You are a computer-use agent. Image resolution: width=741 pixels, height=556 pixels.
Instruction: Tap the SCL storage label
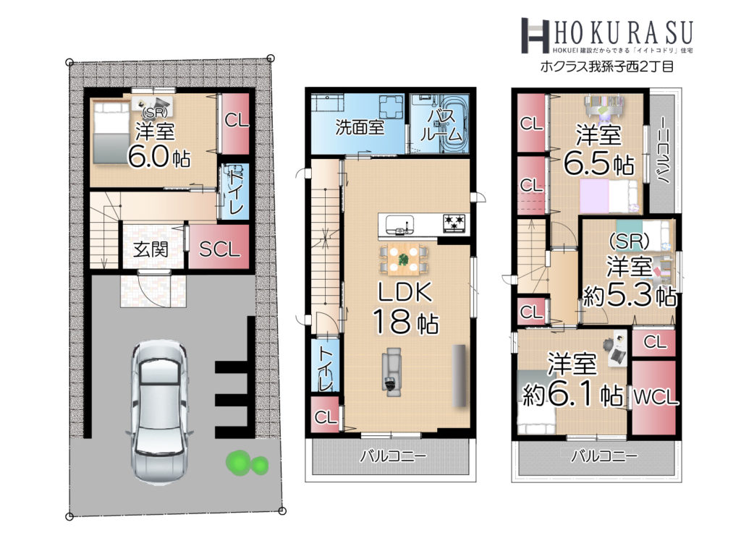[x=219, y=249]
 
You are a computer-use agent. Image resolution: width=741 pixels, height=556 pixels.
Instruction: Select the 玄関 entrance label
[x=151, y=249]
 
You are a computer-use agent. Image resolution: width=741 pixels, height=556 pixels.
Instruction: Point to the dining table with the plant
[x=403, y=259]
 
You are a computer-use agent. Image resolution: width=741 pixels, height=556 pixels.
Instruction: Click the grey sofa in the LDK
[x=391, y=372]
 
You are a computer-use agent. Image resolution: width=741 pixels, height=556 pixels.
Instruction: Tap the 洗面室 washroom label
[x=360, y=127]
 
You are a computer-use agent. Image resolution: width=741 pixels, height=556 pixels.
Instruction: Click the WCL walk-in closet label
[x=655, y=398]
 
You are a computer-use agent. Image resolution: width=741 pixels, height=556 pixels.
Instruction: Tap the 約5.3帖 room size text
[x=630, y=296]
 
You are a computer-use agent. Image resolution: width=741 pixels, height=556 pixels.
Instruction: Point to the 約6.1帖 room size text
[x=573, y=395]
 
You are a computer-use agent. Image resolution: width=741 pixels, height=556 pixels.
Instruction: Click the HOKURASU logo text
[x=622, y=32]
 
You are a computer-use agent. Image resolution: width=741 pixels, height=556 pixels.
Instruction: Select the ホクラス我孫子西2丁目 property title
[x=607, y=67]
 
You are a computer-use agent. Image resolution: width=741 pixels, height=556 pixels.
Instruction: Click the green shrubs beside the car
[x=246, y=463]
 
